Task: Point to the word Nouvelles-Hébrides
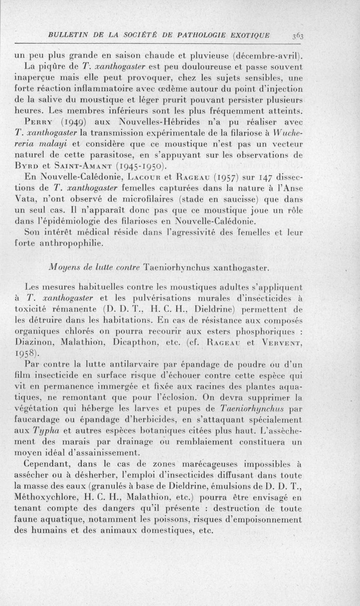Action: (161, 122)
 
